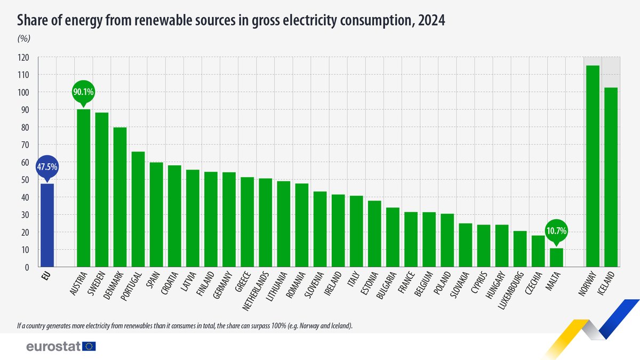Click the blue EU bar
point(47,226)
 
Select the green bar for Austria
point(83,188)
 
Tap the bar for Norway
point(593,166)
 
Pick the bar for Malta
point(556,258)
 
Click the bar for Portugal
point(138,209)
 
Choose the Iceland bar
point(611,177)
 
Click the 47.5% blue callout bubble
point(47,167)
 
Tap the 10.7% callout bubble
point(556,231)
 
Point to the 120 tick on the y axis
point(23,58)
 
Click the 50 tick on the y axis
point(25,180)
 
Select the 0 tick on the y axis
point(27,267)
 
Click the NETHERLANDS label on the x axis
point(255,291)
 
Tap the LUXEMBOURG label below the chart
point(511,291)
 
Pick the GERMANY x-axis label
point(223,285)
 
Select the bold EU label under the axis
point(46,276)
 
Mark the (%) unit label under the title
point(24,38)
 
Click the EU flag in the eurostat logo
point(89,346)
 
